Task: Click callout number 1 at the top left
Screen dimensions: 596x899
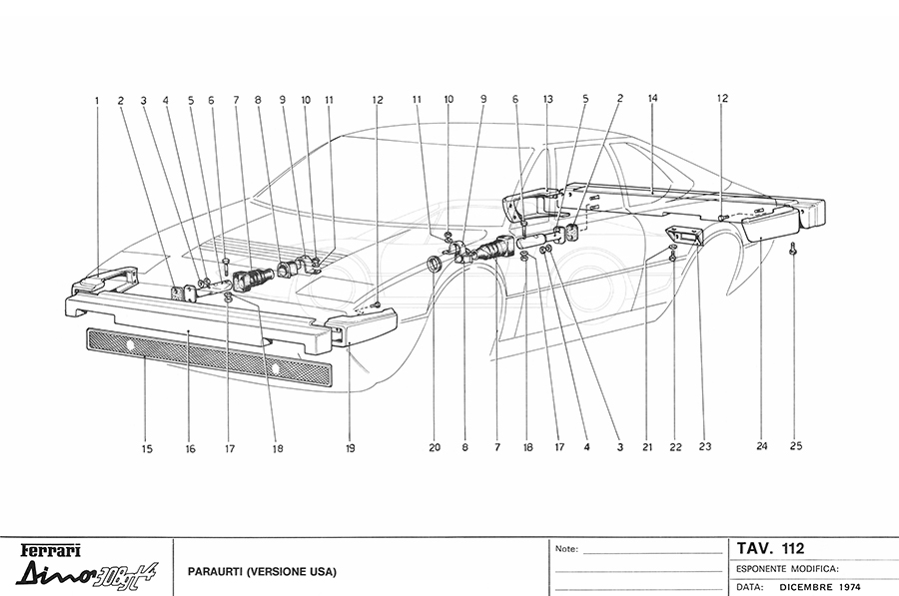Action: [x=97, y=100]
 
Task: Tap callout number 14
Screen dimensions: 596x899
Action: [x=652, y=99]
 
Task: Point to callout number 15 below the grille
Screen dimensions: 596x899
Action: [x=147, y=449]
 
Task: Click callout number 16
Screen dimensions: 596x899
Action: [x=190, y=449]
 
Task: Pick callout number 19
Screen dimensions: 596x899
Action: [x=350, y=449]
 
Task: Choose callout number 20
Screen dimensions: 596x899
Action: [x=435, y=448]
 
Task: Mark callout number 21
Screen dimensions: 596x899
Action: [x=647, y=448]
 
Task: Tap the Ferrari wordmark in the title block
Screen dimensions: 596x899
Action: [x=49, y=550]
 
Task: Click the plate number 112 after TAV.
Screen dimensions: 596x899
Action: [x=793, y=547]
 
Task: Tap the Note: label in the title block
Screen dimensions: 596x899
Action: [x=565, y=548]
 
